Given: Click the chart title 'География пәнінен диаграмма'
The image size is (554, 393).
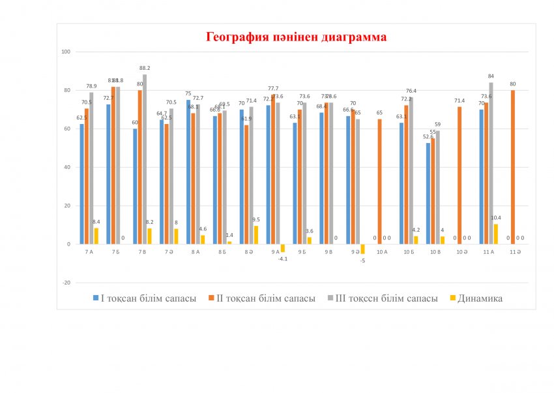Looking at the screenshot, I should (296, 37).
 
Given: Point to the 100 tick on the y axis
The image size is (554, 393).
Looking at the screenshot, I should (65, 52).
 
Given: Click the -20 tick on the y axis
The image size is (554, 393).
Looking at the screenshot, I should (66, 283).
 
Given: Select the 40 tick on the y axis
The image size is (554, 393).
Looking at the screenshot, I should (66, 167).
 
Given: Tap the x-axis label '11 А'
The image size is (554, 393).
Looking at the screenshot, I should (486, 251).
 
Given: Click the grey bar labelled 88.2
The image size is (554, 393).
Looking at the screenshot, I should (145, 159).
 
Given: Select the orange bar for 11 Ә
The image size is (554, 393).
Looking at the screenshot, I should (513, 167).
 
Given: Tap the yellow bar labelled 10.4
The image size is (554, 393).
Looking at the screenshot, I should (495, 234).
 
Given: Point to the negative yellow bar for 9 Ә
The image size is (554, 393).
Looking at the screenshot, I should (362, 249).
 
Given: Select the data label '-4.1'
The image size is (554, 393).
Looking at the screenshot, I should (283, 259).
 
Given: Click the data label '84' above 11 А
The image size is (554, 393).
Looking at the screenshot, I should (491, 76).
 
